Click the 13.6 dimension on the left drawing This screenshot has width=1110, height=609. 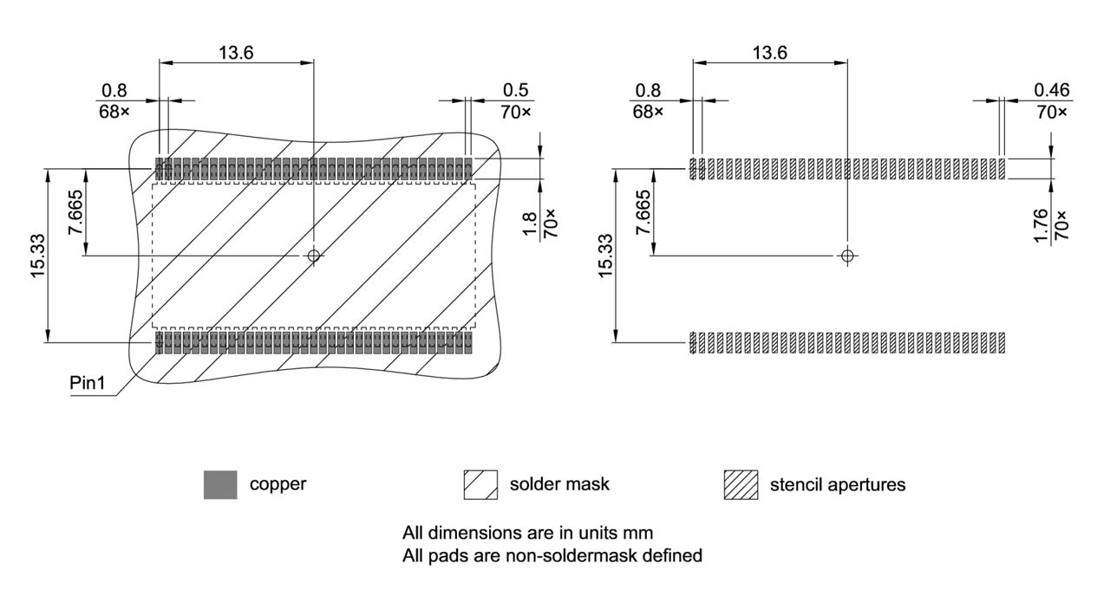coord(236,52)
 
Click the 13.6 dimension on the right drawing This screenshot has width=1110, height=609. coord(769,52)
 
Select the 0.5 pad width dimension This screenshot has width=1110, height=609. coord(515,90)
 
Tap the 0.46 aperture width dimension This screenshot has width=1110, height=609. coord(1051,90)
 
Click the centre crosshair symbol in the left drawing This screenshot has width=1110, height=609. coord(314,255)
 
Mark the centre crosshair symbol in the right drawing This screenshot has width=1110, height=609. coord(848,255)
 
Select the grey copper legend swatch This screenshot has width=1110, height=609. coord(219,484)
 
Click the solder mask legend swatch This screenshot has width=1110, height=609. coord(480,484)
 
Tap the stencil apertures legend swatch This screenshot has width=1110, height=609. coord(740,484)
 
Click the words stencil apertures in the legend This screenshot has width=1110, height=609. coord(837,484)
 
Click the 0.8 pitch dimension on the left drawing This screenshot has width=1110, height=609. coord(114,90)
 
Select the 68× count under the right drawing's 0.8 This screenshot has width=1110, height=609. coord(648,112)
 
